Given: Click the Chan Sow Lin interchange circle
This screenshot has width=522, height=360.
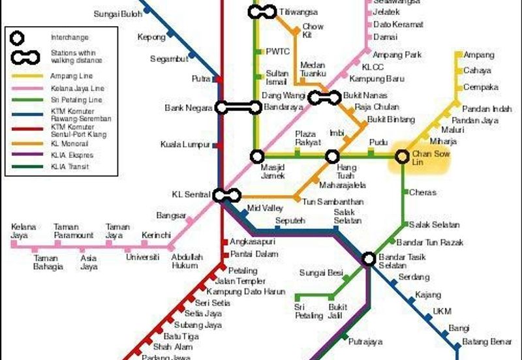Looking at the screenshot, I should [x=401, y=157].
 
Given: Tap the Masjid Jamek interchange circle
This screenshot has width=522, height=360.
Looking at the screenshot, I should [x=258, y=157].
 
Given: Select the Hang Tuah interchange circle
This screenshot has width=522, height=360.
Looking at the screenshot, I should [x=333, y=157].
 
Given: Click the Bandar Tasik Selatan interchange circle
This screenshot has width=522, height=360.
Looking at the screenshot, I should [x=369, y=259].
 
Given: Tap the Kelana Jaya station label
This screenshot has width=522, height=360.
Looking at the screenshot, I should [x=23, y=231].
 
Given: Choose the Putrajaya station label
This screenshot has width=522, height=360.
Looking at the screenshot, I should [x=365, y=341].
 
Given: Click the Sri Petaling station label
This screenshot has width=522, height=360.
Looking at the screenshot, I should [x=308, y=311].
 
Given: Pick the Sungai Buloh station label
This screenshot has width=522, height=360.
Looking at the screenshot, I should [x=118, y=14].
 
